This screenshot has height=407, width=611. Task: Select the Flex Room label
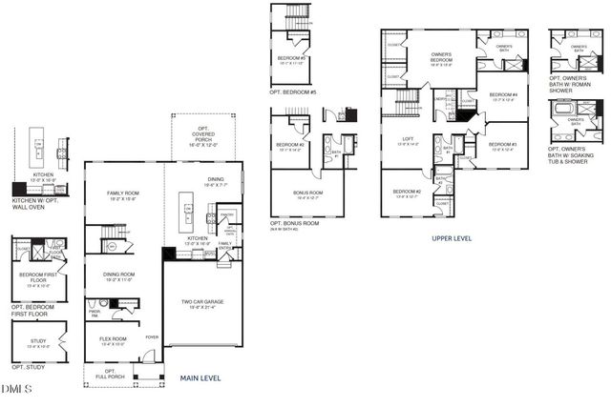coord(113,339)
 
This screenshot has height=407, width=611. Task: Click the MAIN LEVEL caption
coord(200,378)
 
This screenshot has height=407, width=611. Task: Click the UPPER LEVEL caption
coord(453,238)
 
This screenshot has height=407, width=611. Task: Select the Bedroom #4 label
coord(503,96)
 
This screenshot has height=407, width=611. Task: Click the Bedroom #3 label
coord(502,145)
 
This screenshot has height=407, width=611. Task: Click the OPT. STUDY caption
coord(30,367)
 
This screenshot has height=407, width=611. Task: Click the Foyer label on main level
coord(152,336)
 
